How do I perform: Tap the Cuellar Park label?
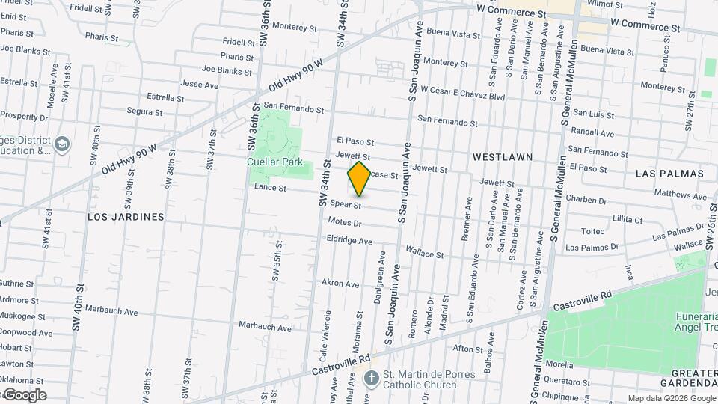274,162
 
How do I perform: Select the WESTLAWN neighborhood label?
503,157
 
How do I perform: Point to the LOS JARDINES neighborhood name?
126,217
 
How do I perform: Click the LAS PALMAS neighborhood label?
669,173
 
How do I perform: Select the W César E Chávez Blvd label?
463,97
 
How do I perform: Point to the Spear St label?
346,204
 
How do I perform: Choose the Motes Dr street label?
345,222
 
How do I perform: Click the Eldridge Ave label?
349,241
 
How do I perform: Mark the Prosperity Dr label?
24,116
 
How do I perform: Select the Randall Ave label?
592,133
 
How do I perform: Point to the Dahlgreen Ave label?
380,277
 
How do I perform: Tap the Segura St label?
144,111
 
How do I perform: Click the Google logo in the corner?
24,395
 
